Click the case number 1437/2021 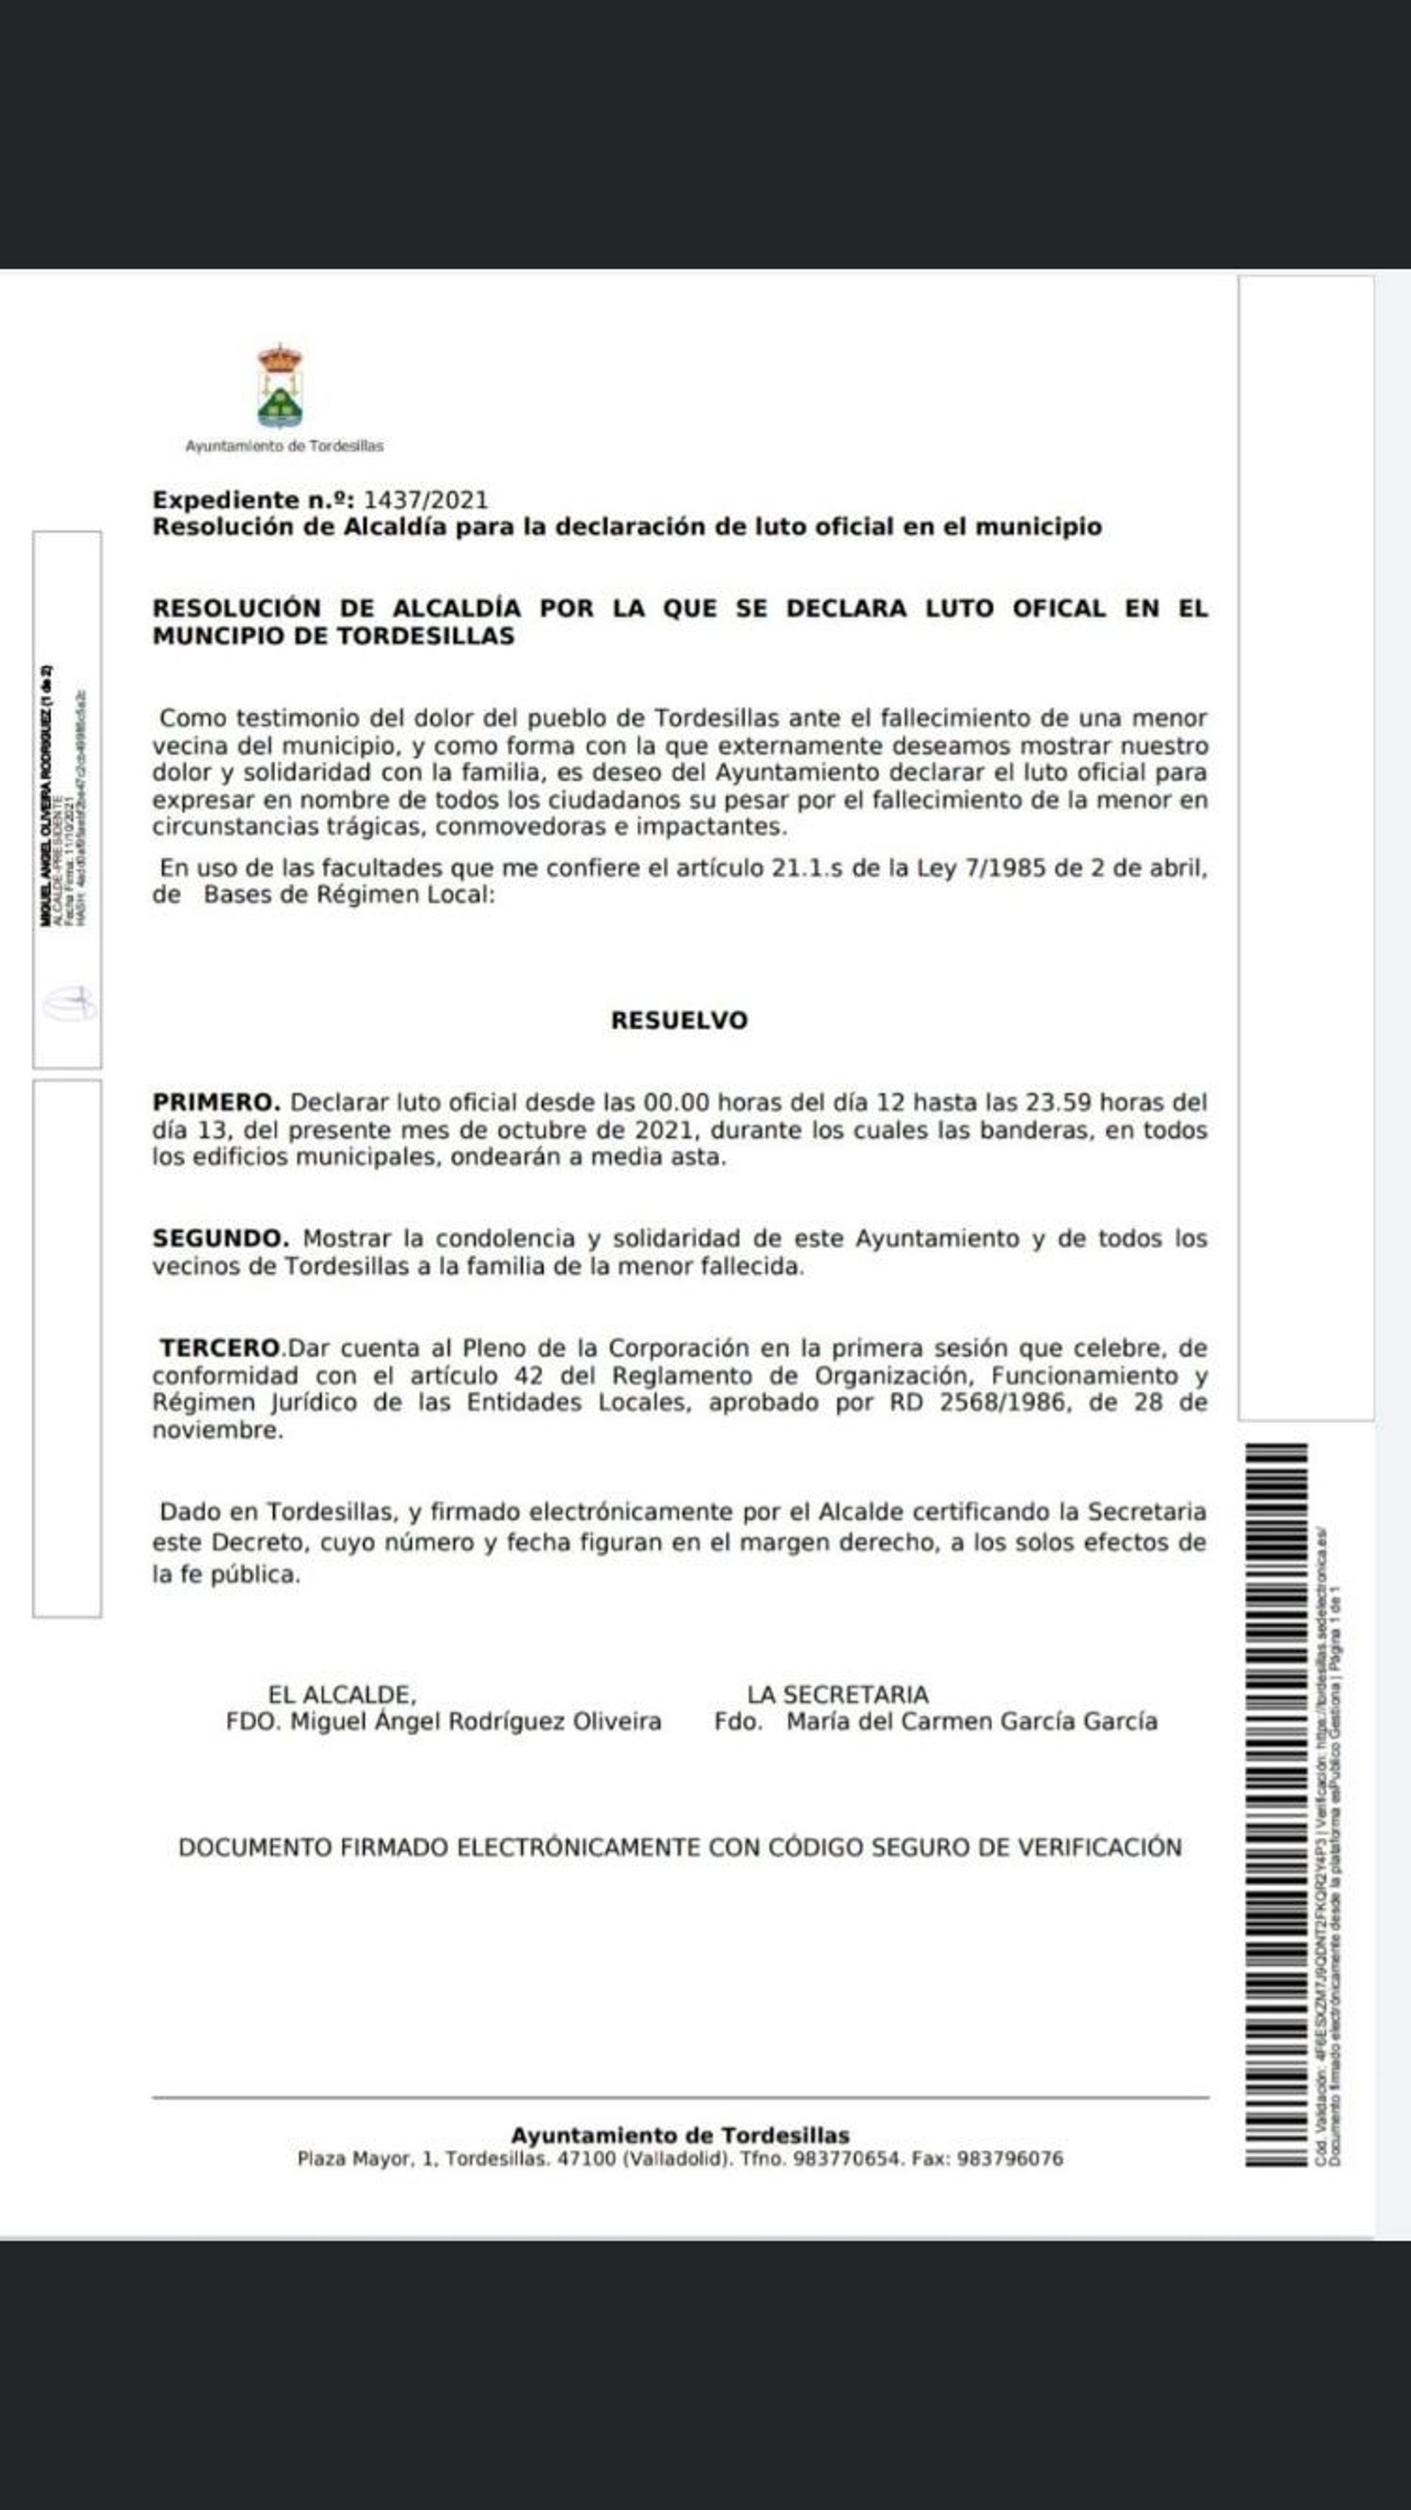[x=425, y=500]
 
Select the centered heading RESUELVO [x=679, y=1020]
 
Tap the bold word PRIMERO [x=216, y=1102]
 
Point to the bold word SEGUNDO [x=220, y=1238]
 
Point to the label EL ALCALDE [x=342, y=1694]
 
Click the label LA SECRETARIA [x=837, y=1694]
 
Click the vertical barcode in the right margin [x=1276, y=1803]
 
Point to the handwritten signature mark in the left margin [x=68, y=1003]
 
